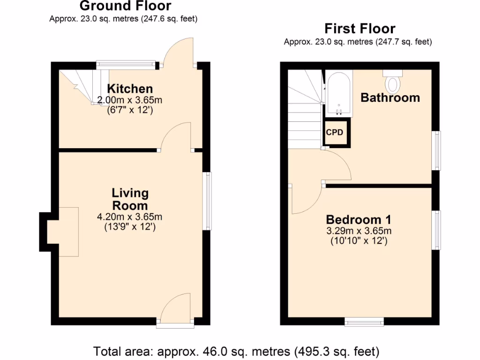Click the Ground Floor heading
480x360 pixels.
125,6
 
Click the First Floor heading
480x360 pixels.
360,29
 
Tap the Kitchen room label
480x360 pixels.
130,89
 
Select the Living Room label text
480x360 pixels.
130,199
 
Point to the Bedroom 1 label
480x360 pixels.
359,219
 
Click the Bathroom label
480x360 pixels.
390,97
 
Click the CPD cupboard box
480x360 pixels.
335,133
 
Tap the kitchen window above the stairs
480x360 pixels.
126,64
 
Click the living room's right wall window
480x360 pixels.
207,201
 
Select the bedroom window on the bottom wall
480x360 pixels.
364,322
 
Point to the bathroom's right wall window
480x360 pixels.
436,150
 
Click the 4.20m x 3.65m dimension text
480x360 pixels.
129,217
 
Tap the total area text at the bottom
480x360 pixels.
236,351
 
